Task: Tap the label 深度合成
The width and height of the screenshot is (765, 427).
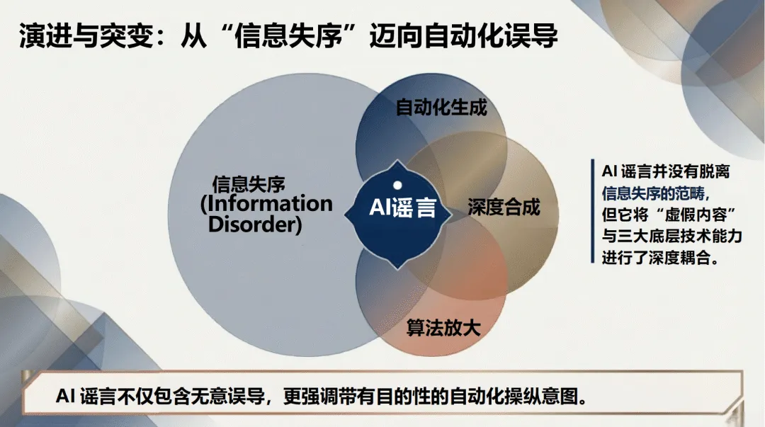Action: [x=504, y=207]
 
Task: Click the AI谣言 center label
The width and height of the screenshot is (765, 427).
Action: [x=402, y=209]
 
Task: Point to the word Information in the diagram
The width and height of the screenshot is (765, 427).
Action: [x=266, y=205]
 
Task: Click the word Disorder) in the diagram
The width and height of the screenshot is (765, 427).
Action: [x=255, y=224]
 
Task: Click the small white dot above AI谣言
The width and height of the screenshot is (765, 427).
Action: [x=397, y=186]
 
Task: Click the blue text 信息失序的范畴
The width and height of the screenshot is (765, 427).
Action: [x=654, y=193]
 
